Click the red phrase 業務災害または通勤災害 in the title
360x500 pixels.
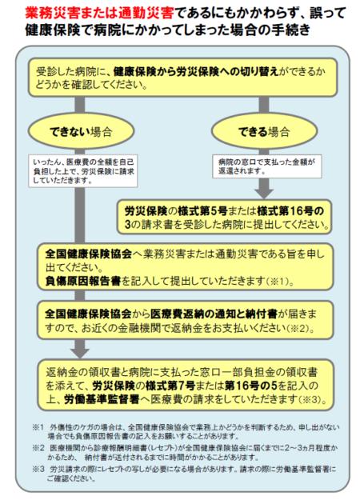99,14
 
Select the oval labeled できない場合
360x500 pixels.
81,131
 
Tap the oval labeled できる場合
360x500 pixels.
264,130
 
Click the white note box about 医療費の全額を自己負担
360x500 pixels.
83,171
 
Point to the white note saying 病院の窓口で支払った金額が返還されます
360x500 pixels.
267,166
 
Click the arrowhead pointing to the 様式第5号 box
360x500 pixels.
264,194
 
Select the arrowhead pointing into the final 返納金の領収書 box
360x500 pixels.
80,354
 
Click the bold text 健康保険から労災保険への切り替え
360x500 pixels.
196,71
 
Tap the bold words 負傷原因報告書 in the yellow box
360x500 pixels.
83,281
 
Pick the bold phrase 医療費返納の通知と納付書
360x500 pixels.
214,314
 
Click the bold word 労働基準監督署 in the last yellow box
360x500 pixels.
102,399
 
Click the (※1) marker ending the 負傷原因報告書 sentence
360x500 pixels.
280,282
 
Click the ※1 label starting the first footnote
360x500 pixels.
38,427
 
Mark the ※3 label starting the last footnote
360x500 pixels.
38,470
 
